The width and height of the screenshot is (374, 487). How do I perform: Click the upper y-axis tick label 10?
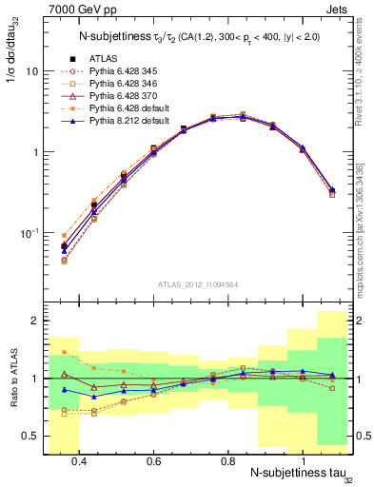point(31,71)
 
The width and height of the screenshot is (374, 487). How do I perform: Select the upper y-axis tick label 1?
point(34,152)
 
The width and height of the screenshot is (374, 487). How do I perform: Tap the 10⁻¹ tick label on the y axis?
point(29,232)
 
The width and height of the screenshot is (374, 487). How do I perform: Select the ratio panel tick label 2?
point(34,321)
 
